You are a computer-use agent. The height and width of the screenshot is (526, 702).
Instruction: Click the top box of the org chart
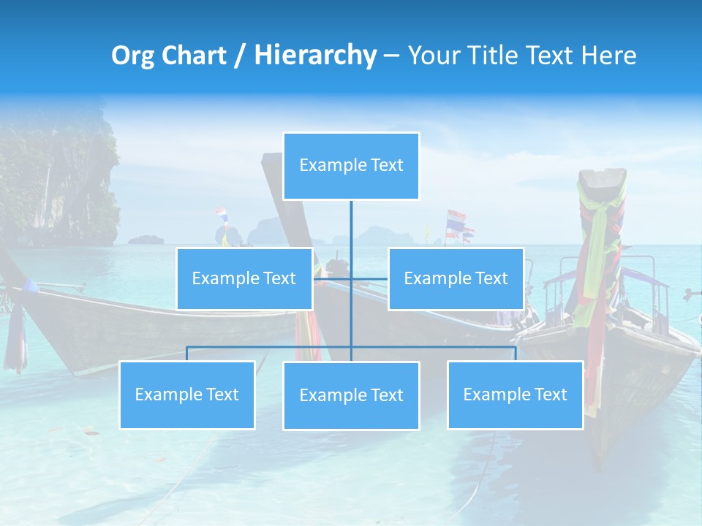point(351,166)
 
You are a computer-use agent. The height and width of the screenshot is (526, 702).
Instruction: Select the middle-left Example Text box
point(244,278)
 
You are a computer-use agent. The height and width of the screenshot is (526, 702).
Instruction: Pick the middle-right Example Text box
point(456,278)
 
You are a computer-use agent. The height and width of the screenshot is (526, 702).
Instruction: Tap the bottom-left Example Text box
point(186,394)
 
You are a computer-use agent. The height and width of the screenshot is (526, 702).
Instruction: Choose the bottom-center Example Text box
point(351,395)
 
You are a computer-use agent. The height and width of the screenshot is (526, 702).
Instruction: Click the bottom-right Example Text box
point(515,394)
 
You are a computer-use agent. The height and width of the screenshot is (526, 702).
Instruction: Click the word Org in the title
point(132,56)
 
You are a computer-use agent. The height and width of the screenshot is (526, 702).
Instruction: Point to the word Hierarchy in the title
point(314,56)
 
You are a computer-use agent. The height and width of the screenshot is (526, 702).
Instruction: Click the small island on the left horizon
point(147,239)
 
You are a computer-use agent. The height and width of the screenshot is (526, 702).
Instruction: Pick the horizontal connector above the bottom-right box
point(475,347)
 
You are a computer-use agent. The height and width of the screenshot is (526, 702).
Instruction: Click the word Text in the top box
point(386,165)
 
